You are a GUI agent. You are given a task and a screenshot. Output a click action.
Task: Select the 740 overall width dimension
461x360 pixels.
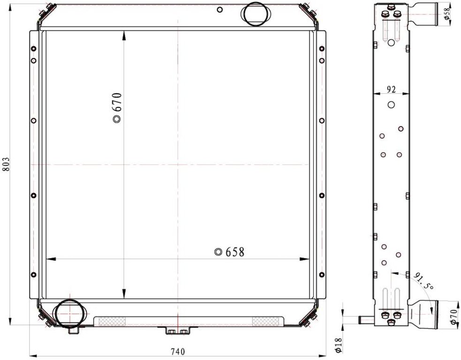point(178,352)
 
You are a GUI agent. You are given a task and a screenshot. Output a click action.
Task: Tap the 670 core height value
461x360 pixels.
point(117,102)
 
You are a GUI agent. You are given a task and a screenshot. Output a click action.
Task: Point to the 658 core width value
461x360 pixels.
point(235,252)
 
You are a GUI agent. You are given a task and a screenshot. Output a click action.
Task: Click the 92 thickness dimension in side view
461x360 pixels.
point(391,90)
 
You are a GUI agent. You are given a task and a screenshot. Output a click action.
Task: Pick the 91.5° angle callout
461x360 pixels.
point(423,281)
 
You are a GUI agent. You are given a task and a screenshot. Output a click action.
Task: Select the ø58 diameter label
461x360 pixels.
point(447,14)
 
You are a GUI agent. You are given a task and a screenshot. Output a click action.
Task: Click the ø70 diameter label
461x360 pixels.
point(454,317)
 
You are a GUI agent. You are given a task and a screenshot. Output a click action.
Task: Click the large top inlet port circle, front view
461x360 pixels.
point(255,14)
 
